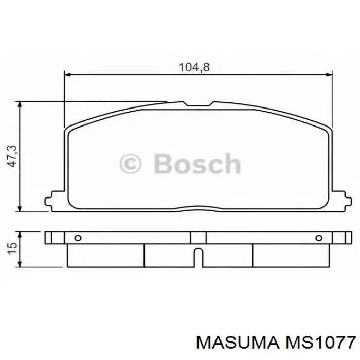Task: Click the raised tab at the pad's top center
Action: click(199, 104)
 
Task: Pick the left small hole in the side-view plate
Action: click(78, 238)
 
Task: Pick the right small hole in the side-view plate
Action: click(318, 238)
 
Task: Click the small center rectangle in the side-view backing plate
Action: click(198, 238)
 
